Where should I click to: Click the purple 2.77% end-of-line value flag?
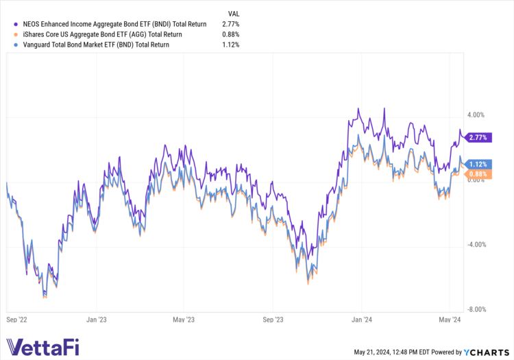[x=478, y=138]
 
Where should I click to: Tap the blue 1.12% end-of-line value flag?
[x=478, y=164]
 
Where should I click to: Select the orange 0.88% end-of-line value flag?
[x=478, y=174]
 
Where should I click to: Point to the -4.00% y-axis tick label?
[x=476, y=244]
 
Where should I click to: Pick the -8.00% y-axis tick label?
[x=476, y=309]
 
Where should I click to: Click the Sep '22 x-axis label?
[x=18, y=319]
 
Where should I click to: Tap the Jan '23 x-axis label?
[x=97, y=319]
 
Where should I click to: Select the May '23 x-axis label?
[x=184, y=319]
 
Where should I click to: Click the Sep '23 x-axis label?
[x=273, y=319]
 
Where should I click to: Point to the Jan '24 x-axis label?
[x=361, y=319]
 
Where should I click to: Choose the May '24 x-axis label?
[x=449, y=319]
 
